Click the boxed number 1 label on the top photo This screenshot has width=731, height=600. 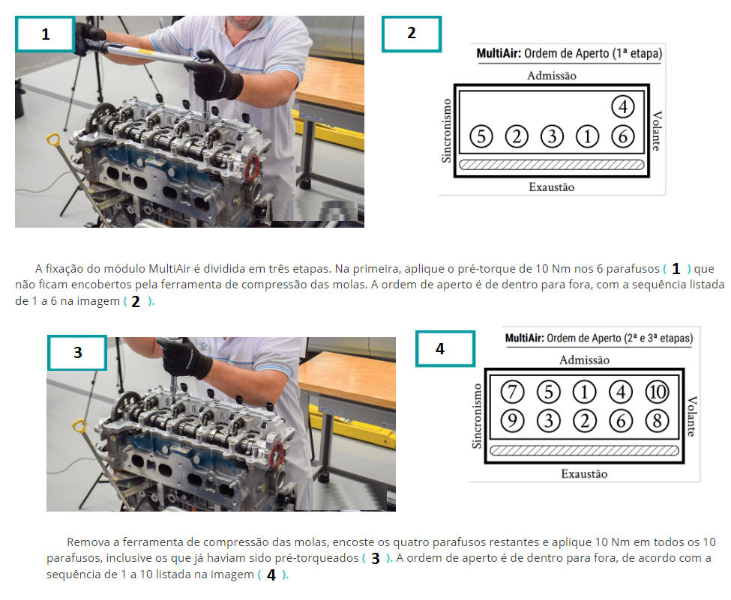click(45, 34)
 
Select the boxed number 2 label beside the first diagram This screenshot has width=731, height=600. click(411, 34)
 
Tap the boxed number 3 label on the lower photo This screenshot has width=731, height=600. click(77, 353)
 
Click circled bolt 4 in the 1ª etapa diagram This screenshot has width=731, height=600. click(623, 106)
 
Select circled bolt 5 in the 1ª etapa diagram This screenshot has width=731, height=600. click(481, 137)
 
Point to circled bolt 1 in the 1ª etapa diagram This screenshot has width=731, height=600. click(587, 137)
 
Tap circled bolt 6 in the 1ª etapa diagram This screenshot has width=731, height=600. click(623, 137)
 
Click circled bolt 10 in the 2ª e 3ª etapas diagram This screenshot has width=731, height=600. click(657, 393)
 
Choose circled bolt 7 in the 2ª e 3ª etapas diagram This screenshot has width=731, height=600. click(512, 393)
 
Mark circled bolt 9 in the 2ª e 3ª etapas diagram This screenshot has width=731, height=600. click(512, 421)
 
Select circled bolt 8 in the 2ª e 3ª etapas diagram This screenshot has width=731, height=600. click(657, 421)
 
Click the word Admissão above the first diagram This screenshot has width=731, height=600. click(552, 76)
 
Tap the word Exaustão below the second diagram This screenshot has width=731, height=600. click(584, 474)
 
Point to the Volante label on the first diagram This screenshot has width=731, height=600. click(657, 131)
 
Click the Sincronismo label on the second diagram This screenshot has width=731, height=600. click(476, 416)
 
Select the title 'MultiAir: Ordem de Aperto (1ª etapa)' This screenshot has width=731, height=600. click(569, 54)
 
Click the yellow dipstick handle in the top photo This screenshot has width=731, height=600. click(52, 139)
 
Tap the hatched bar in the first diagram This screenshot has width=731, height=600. click(552, 165)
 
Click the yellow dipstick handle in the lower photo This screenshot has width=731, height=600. click(79, 425)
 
